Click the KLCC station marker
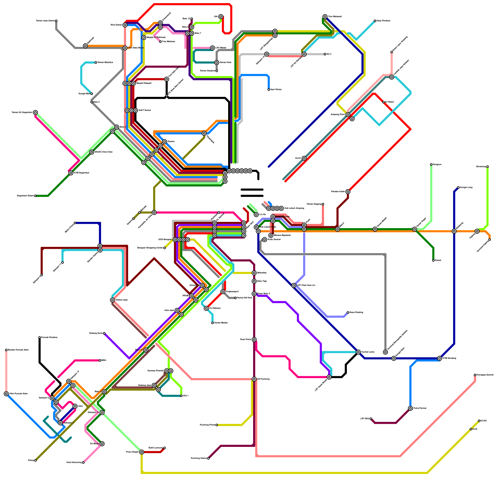click(x=304, y=158)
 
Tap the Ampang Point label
click(x=338, y=115)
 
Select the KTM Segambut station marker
click(x=71, y=173)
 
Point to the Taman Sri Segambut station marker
click(x=36, y=112)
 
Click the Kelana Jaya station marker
click(x=112, y=300)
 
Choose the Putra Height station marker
click(x=142, y=452)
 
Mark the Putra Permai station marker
click(x=410, y=408)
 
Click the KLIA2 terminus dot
click(x=479, y=421)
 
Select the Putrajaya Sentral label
click(x=485, y=375)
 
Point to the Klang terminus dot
click(x=35, y=460)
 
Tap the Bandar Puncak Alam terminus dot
click(x=6, y=350)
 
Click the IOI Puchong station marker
click(x=254, y=379)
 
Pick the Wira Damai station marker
click(x=125, y=25)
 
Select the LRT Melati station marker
click(x=212, y=48)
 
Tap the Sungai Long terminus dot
click(x=458, y=187)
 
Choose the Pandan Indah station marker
click(x=348, y=192)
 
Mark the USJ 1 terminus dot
click(x=181, y=396)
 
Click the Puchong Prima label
click(x=207, y=425)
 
